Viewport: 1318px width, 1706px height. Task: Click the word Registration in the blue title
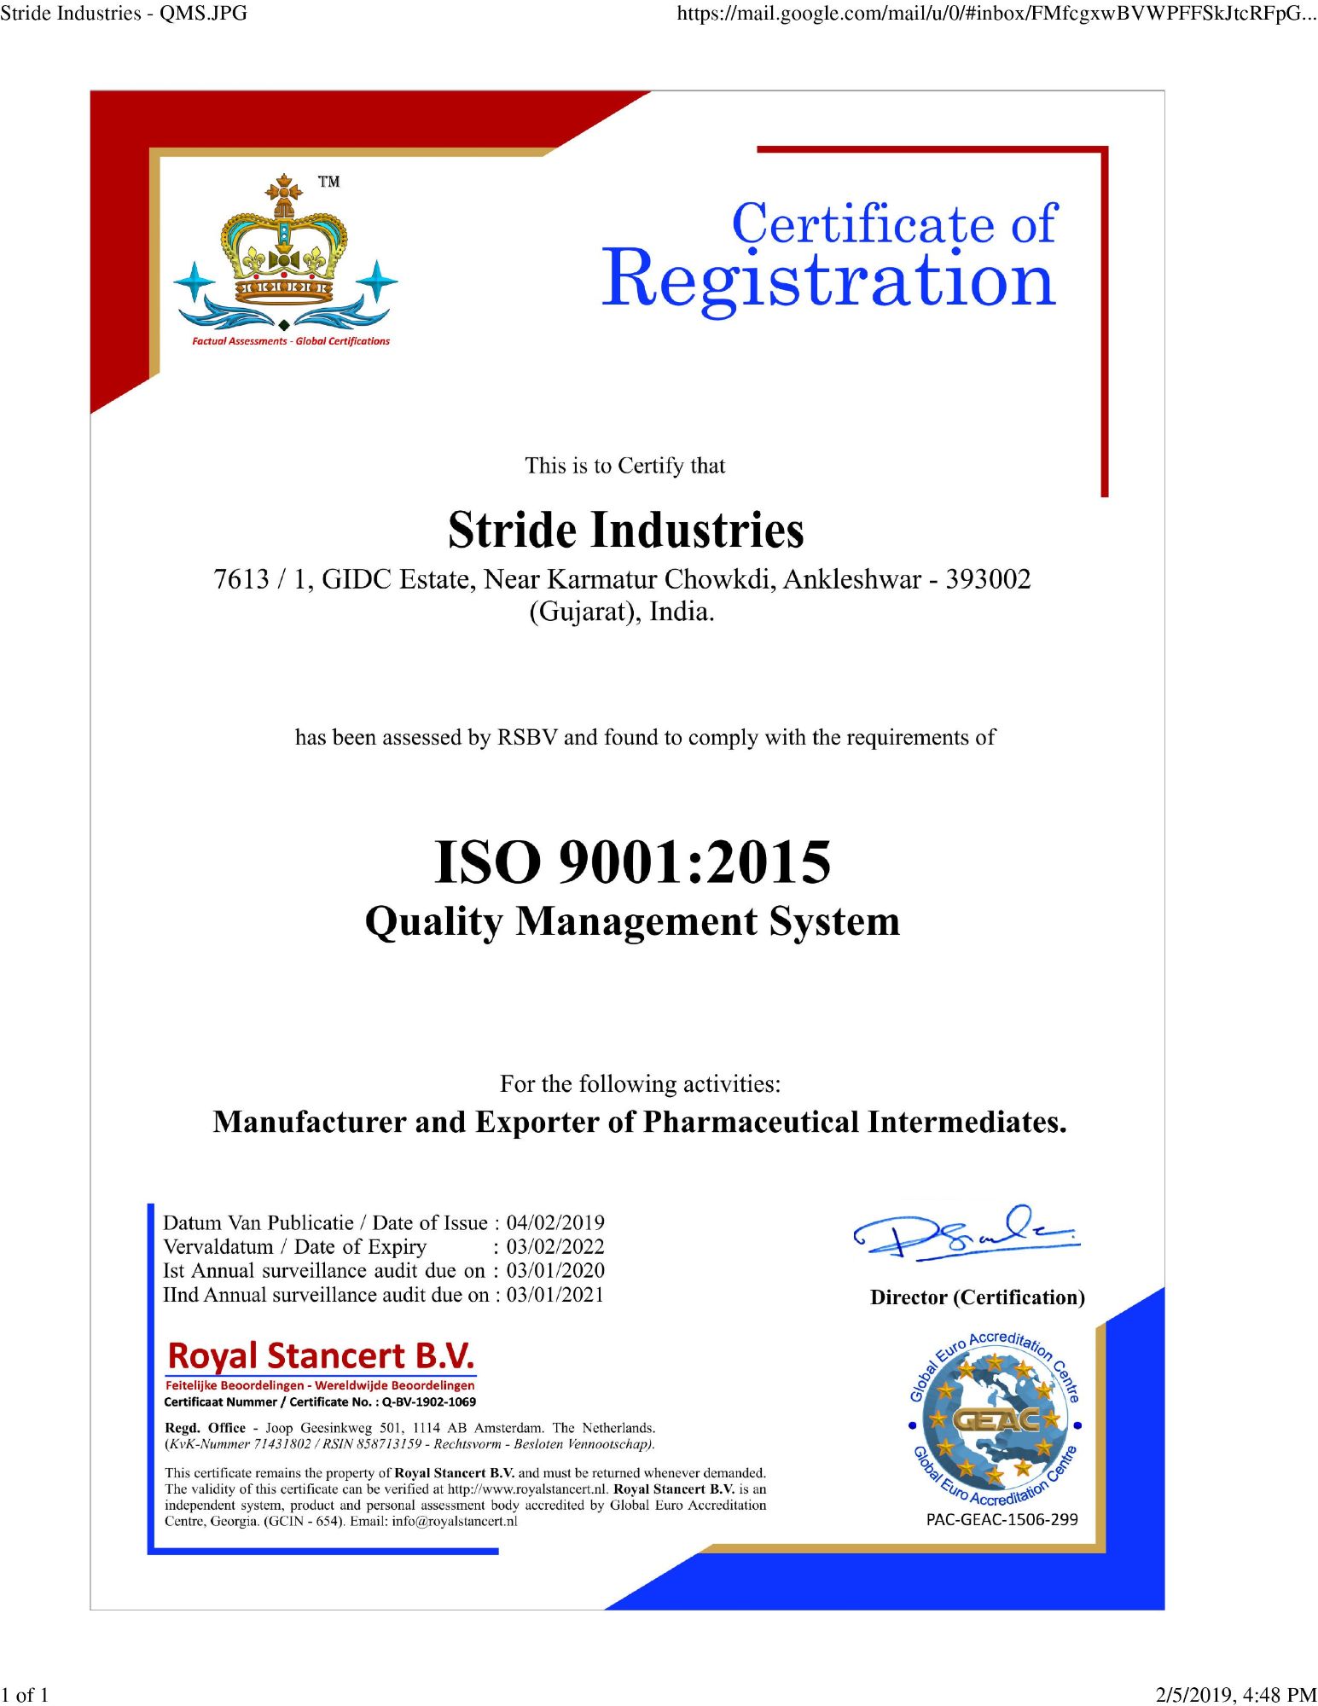[x=828, y=280]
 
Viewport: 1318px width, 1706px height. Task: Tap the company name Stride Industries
[x=625, y=530]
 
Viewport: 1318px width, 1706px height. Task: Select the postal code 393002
[x=988, y=580]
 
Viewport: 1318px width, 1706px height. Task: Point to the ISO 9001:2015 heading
[x=632, y=862]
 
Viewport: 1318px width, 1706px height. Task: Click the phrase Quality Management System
[x=632, y=922]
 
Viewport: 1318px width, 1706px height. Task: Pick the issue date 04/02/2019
[x=555, y=1222]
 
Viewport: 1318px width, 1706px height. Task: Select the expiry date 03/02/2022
[x=555, y=1246]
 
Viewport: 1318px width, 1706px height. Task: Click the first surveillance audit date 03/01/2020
[x=555, y=1270]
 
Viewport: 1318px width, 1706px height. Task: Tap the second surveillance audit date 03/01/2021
[x=555, y=1295]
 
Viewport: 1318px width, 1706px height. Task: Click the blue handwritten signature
[x=966, y=1233]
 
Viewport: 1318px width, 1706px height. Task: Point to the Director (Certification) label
[x=977, y=1297]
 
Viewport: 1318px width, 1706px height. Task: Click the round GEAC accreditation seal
[x=995, y=1420]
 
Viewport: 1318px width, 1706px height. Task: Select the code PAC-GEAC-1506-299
[x=1002, y=1519]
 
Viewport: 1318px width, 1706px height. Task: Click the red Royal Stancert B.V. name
[x=321, y=1356]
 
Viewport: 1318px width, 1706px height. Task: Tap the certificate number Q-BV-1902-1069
[x=428, y=1401]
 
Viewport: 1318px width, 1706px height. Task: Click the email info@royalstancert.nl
[x=454, y=1521]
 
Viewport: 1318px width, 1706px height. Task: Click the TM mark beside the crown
[x=328, y=182]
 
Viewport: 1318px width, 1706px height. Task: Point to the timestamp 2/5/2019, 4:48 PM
[x=1235, y=1694]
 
